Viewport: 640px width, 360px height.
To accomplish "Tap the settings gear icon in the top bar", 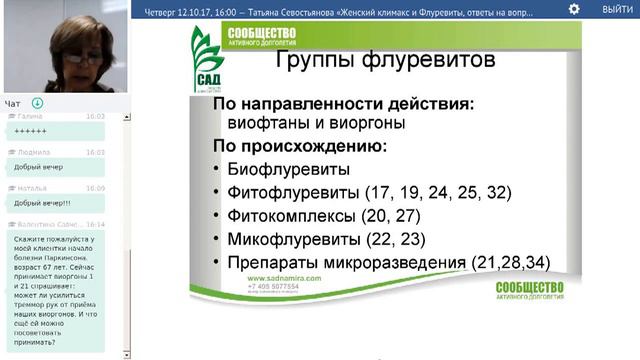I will pos(574,9).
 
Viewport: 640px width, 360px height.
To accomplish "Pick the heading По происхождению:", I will pos(299,146).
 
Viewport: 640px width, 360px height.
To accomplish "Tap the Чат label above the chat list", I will pos(12,103).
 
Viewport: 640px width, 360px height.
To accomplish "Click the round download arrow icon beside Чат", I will pos(37,103).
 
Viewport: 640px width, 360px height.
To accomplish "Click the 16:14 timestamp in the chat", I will pos(95,225).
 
